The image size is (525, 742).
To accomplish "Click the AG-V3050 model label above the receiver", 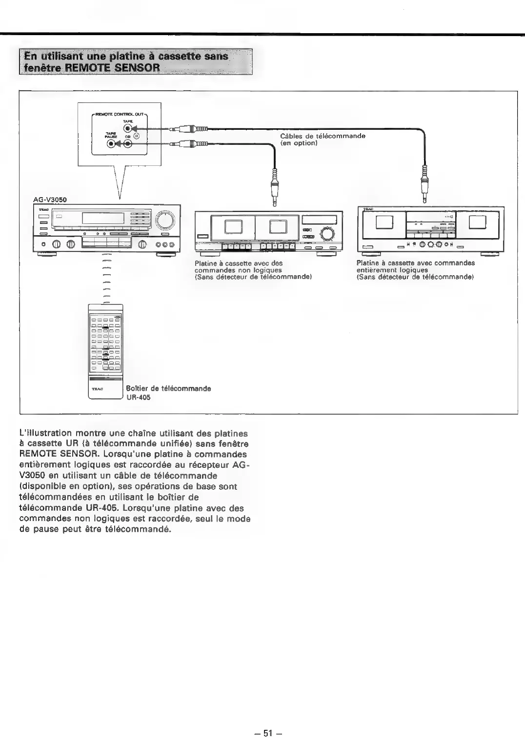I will pos(50,200).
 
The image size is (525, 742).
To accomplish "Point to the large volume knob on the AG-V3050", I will pos(166,221).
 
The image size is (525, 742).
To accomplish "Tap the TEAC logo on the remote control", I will pos(96,389).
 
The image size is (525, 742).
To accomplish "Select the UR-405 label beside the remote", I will pos(139,397).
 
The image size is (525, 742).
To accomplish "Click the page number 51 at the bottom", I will pos(267,733).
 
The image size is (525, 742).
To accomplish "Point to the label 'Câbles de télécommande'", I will pos(323,136).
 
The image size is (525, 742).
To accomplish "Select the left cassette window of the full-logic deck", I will pos(385,222).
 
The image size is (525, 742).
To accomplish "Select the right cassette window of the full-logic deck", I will pos(478,222).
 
